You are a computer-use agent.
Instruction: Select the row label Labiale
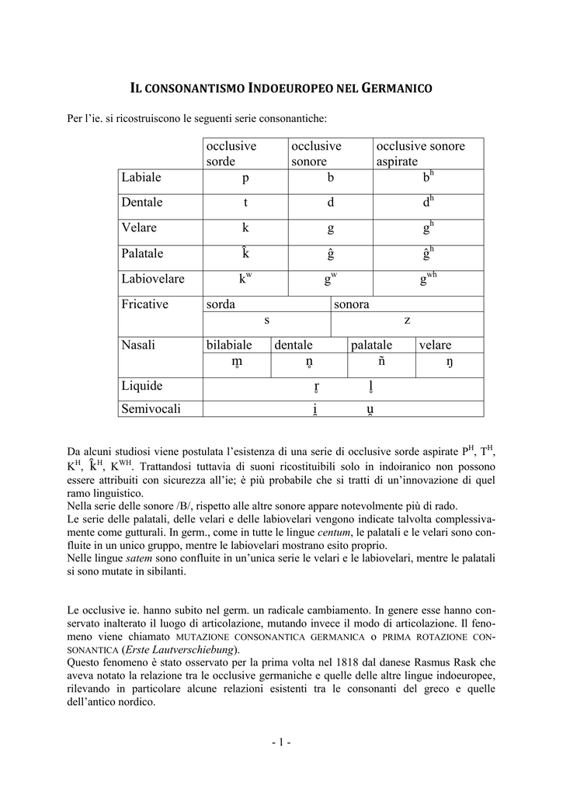click(141, 178)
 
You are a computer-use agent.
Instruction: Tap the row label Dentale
click(142, 203)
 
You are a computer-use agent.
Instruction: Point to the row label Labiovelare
click(153, 279)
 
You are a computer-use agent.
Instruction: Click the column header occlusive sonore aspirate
click(420, 154)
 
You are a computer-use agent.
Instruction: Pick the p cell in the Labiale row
click(245, 178)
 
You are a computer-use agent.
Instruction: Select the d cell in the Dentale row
click(330, 203)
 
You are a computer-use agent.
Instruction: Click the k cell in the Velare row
click(245, 228)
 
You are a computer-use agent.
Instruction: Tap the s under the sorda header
click(266, 319)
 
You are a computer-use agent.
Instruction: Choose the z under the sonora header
click(407, 319)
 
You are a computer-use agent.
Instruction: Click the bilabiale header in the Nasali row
click(229, 345)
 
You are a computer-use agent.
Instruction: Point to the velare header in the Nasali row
click(435, 345)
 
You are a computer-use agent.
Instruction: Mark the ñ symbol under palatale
click(381, 362)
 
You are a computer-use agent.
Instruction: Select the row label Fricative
click(144, 304)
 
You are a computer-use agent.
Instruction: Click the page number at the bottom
click(281, 743)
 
